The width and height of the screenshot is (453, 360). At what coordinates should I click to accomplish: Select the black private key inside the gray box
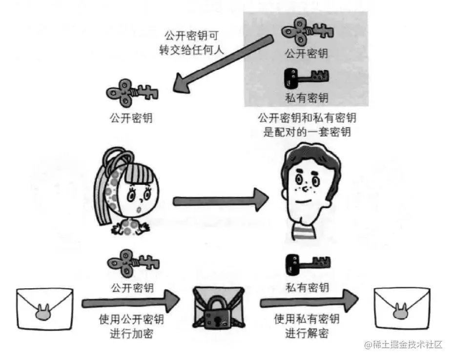pos(306,77)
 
